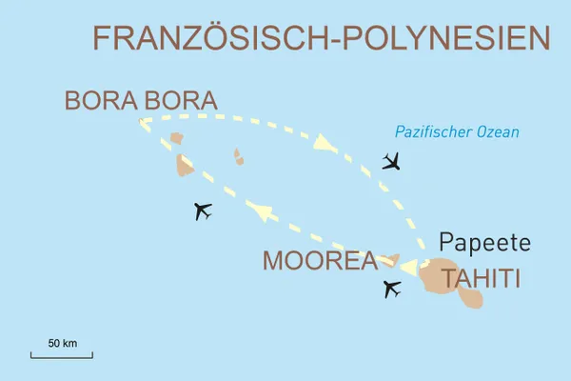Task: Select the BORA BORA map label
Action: pyautogui.click(x=140, y=100)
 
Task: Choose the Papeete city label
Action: pyautogui.click(x=485, y=241)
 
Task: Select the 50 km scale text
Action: pyautogui.click(x=62, y=341)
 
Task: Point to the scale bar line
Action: pyautogui.click(x=61, y=356)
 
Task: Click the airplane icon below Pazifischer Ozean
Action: pyautogui.click(x=391, y=161)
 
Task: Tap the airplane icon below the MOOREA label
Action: pyautogui.click(x=391, y=289)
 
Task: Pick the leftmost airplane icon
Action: pyautogui.click(x=202, y=211)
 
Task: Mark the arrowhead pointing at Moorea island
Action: pyautogui.click(x=408, y=267)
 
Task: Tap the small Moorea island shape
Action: pyautogui.click(x=390, y=259)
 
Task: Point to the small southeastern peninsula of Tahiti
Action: pyautogui.click(x=471, y=298)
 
